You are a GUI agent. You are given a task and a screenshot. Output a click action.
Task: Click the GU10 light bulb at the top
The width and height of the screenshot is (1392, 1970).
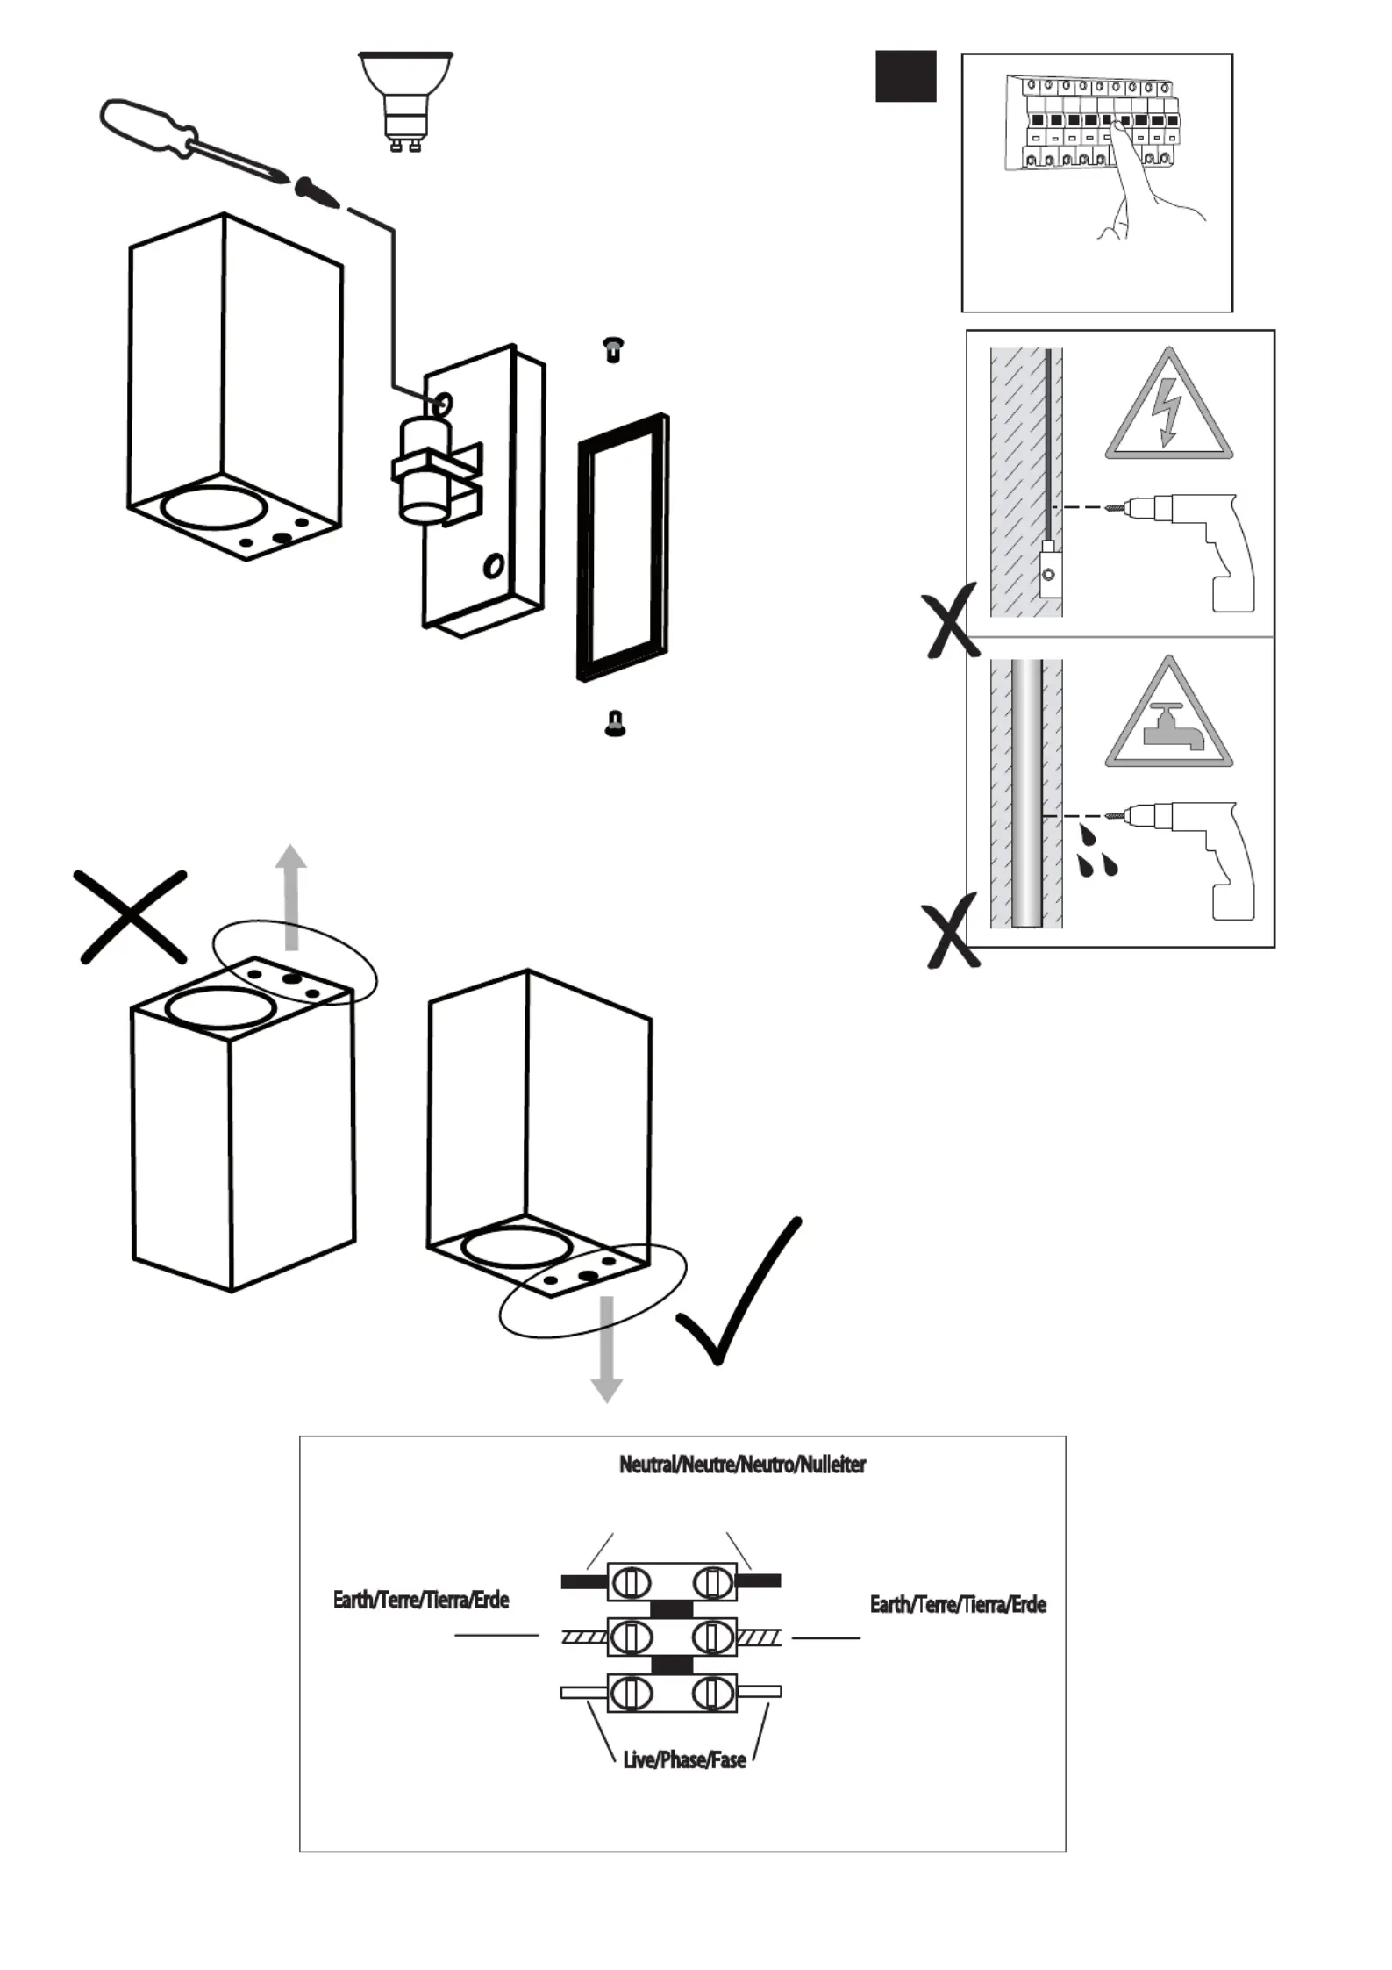click(405, 102)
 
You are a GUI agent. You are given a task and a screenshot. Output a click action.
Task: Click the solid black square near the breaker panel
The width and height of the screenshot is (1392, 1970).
click(906, 76)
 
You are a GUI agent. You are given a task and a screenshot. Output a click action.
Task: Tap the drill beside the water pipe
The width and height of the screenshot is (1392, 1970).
click(1184, 858)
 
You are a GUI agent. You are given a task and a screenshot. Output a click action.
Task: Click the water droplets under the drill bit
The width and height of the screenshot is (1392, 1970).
click(1097, 850)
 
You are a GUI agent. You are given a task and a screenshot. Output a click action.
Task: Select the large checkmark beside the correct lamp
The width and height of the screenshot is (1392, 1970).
click(739, 1291)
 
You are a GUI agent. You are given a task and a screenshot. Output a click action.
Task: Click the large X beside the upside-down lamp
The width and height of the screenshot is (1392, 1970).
click(132, 917)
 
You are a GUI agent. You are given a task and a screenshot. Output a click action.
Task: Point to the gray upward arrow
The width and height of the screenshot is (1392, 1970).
click(291, 897)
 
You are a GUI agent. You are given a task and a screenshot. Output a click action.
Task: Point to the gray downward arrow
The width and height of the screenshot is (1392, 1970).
click(606, 1349)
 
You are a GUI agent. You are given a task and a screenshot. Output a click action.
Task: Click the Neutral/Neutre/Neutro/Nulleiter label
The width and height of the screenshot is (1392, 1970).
click(742, 1465)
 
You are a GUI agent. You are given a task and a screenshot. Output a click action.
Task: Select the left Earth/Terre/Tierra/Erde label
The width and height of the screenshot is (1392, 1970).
click(421, 1600)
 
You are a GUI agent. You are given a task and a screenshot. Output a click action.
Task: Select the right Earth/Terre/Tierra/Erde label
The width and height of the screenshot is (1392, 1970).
click(958, 1604)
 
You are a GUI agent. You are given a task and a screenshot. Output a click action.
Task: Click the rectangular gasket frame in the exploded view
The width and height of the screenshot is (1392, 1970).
click(624, 547)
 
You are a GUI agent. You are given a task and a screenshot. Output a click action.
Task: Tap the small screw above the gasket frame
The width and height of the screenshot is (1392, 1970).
click(614, 349)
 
